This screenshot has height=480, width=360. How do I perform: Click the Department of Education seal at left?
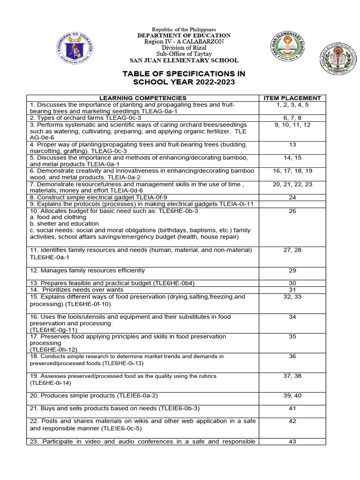point(75,49)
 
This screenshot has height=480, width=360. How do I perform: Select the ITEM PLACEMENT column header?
point(292,98)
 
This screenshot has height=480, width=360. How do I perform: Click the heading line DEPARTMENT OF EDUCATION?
point(184,36)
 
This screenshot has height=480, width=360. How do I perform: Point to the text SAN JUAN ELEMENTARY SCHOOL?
point(184,60)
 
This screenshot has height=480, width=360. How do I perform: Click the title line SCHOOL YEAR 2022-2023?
point(184,82)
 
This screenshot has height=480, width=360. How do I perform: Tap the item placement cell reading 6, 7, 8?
point(292,118)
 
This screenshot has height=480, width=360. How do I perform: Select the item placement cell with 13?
point(292,144)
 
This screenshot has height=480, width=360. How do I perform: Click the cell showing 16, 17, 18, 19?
point(292,171)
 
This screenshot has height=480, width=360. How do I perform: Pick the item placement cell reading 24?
point(292,198)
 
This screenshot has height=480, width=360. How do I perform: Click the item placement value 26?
point(292,211)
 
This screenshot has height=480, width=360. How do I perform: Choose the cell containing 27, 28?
point(292,250)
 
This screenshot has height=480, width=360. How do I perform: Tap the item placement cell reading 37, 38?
point(292,375)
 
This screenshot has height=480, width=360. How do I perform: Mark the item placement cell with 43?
point(292,442)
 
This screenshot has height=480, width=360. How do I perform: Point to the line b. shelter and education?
point(64,224)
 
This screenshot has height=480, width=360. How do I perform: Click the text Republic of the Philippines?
point(184,30)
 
